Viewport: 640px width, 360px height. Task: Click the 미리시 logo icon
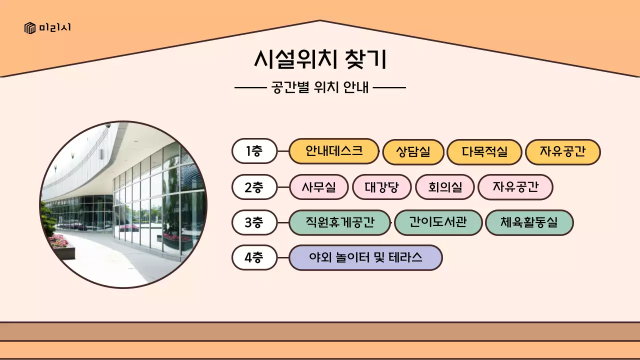click(x=30, y=28)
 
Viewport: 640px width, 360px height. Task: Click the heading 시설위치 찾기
click(x=320, y=59)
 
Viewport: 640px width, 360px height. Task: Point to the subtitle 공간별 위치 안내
click(x=320, y=87)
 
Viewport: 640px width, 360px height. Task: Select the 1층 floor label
click(x=254, y=151)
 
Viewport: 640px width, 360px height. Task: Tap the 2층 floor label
click(x=254, y=187)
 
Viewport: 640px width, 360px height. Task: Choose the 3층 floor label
click(x=254, y=222)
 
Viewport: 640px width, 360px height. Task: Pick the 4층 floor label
click(x=254, y=258)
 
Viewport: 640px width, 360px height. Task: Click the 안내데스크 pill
click(x=334, y=151)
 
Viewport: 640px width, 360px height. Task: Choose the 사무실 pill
click(x=319, y=187)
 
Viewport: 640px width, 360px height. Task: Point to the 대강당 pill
click(x=381, y=187)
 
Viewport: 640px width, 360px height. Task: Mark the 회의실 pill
click(x=444, y=187)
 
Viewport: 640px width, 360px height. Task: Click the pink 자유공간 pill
click(x=515, y=187)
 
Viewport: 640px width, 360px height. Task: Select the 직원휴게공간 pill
click(x=339, y=222)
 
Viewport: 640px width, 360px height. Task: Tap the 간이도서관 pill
click(x=438, y=222)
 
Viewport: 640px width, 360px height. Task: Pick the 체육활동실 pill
click(x=529, y=222)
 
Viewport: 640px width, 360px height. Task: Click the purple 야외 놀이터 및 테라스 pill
click(x=365, y=258)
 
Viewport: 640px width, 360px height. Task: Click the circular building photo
click(x=123, y=204)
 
